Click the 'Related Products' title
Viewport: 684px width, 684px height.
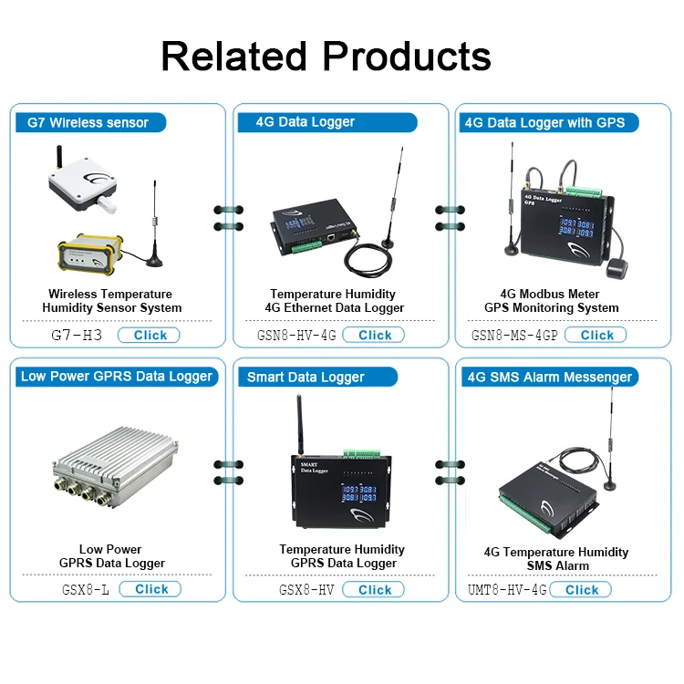(x=326, y=57)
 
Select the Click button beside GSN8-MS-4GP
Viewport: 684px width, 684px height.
(x=596, y=335)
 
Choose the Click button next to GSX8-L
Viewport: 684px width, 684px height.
(x=150, y=589)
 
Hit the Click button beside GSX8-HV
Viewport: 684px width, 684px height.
(x=374, y=590)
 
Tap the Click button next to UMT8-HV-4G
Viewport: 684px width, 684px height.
(x=581, y=590)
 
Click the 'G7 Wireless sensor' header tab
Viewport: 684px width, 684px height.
(x=88, y=122)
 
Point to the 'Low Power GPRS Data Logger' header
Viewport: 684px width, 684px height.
(x=116, y=376)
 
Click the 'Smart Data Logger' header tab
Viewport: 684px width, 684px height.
(x=306, y=377)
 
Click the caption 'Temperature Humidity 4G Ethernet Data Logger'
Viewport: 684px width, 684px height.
(x=333, y=301)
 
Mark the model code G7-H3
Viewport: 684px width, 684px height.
(x=77, y=336)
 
